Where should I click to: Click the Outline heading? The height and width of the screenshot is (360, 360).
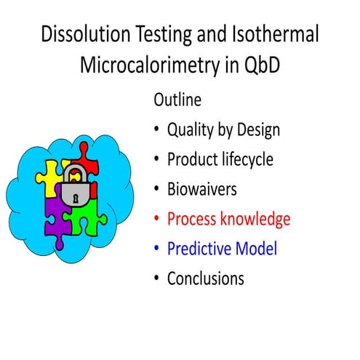178,100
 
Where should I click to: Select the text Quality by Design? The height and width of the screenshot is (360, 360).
223,129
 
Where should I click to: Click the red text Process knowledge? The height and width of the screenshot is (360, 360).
228,219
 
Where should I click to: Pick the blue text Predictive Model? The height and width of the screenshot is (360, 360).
222,249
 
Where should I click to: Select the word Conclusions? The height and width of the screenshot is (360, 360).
205,279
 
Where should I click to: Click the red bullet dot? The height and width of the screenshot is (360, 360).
157,220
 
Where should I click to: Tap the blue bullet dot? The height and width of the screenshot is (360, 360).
157,249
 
